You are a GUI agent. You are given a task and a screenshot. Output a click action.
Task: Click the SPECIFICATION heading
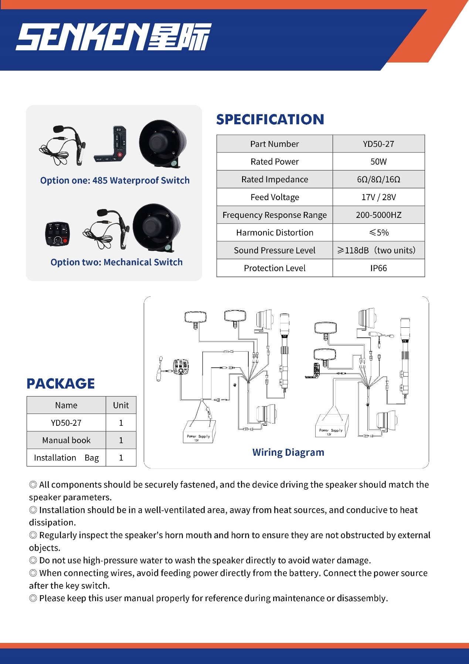[x=270, y=119]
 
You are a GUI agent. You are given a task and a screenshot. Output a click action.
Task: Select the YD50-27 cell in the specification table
[x=378, y=144]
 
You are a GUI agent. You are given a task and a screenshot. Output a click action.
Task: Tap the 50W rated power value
[x=378, y=162]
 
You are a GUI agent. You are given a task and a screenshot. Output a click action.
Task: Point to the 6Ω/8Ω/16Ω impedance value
[x=378, y=179]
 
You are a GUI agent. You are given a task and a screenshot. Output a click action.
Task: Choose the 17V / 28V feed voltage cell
[x=378, y=197]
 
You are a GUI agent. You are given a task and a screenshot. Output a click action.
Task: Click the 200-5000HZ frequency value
[x=378, y=215]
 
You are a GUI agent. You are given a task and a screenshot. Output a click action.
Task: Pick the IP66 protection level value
[x=378, y=268]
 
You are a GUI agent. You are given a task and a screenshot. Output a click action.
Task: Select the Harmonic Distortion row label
[x=275, y=233]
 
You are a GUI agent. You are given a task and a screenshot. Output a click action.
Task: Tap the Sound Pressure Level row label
[x=275, y=250]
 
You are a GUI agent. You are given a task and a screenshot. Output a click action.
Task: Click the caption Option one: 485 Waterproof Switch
[x=115, y=181]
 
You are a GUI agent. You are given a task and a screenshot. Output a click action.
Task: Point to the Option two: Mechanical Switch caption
[x=116, y=262]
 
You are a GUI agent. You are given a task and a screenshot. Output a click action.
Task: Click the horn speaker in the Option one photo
[x=163, y=143]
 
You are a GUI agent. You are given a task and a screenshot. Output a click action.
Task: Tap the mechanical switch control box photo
[x=58, y=234]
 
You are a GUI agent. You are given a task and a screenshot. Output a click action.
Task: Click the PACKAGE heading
[x=61, y=384]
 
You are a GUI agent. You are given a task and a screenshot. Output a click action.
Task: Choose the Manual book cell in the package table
[x=66, y=440]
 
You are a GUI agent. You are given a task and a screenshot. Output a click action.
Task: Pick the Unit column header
[x=121, y=405]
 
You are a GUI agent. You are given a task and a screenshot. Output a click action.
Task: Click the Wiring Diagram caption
[x=288, y=452]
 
